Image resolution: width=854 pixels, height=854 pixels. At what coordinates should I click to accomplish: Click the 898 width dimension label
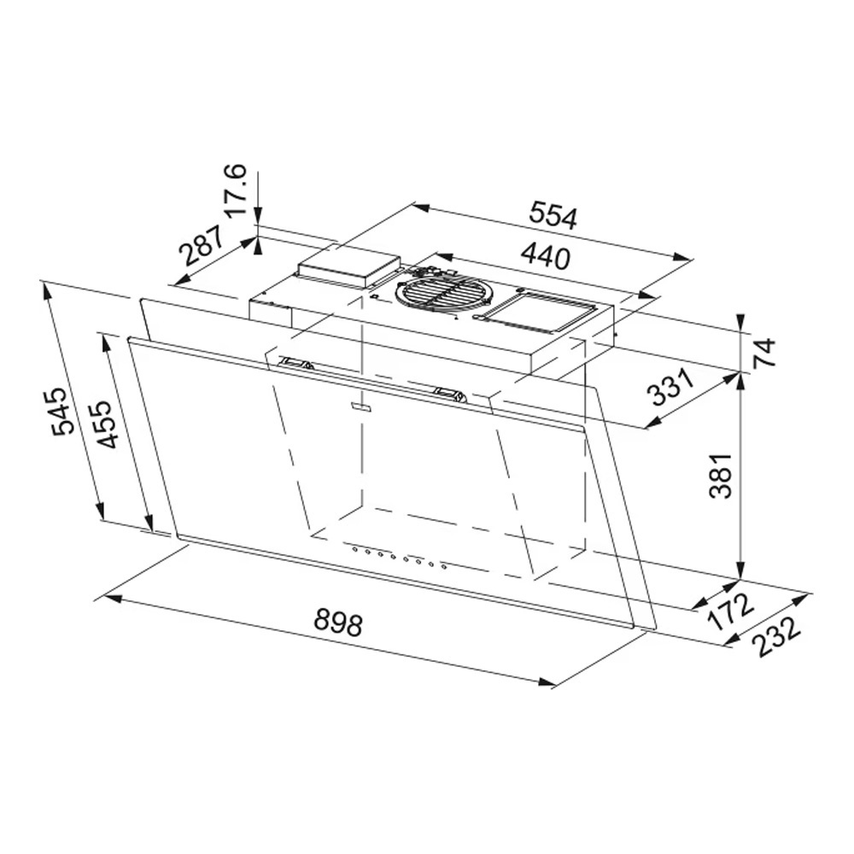[x=337, y=623]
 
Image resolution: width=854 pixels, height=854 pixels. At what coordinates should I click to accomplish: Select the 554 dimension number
[x=553, y=215]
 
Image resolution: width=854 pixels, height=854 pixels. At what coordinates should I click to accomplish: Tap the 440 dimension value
[x=545, y=256]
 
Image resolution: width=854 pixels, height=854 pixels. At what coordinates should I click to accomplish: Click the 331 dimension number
[x=670, y=387]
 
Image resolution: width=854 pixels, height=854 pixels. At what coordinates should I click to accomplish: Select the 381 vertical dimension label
[x=721, y=475]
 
